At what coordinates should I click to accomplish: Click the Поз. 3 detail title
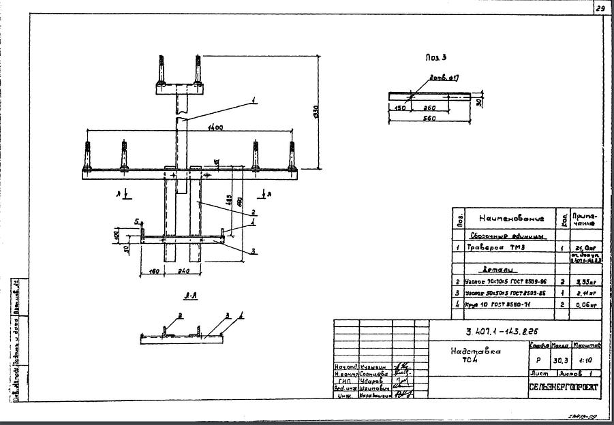click(x=435, y=59)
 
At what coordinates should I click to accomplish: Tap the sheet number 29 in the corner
click(x=600, y=9)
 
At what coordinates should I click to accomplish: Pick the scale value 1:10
click(x=586, y=361)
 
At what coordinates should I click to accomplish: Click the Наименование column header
click(x=511, y=219)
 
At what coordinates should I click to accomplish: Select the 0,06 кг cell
click(x=585, y=306)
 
